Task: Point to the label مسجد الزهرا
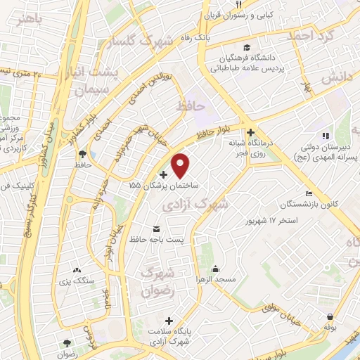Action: pos(215,280)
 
